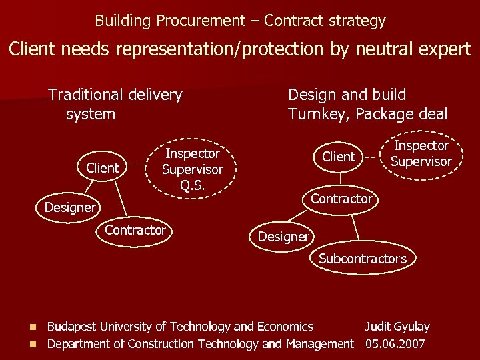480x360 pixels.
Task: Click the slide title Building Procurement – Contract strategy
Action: tap(240, 21)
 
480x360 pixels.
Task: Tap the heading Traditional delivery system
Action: tap(115, 104)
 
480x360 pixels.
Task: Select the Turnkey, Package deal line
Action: tap(367, 114)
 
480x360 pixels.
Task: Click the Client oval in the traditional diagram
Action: tap(103, 168)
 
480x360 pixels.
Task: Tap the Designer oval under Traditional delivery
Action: tap(70, 207)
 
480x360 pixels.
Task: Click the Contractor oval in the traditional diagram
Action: tap(135, 230)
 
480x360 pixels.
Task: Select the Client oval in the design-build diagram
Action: tap(339, 157)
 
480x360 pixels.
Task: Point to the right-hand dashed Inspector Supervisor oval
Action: tap(421, 153)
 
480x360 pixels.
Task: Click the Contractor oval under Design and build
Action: tap(341, 199)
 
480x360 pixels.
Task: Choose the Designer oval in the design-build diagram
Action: tap(283, 236)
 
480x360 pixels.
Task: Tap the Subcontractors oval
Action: tap(362, 259)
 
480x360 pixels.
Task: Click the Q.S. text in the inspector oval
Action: tap(192, 185)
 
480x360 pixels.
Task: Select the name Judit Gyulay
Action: tap(397, 327)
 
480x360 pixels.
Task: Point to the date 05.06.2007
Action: tap(395, 344)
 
